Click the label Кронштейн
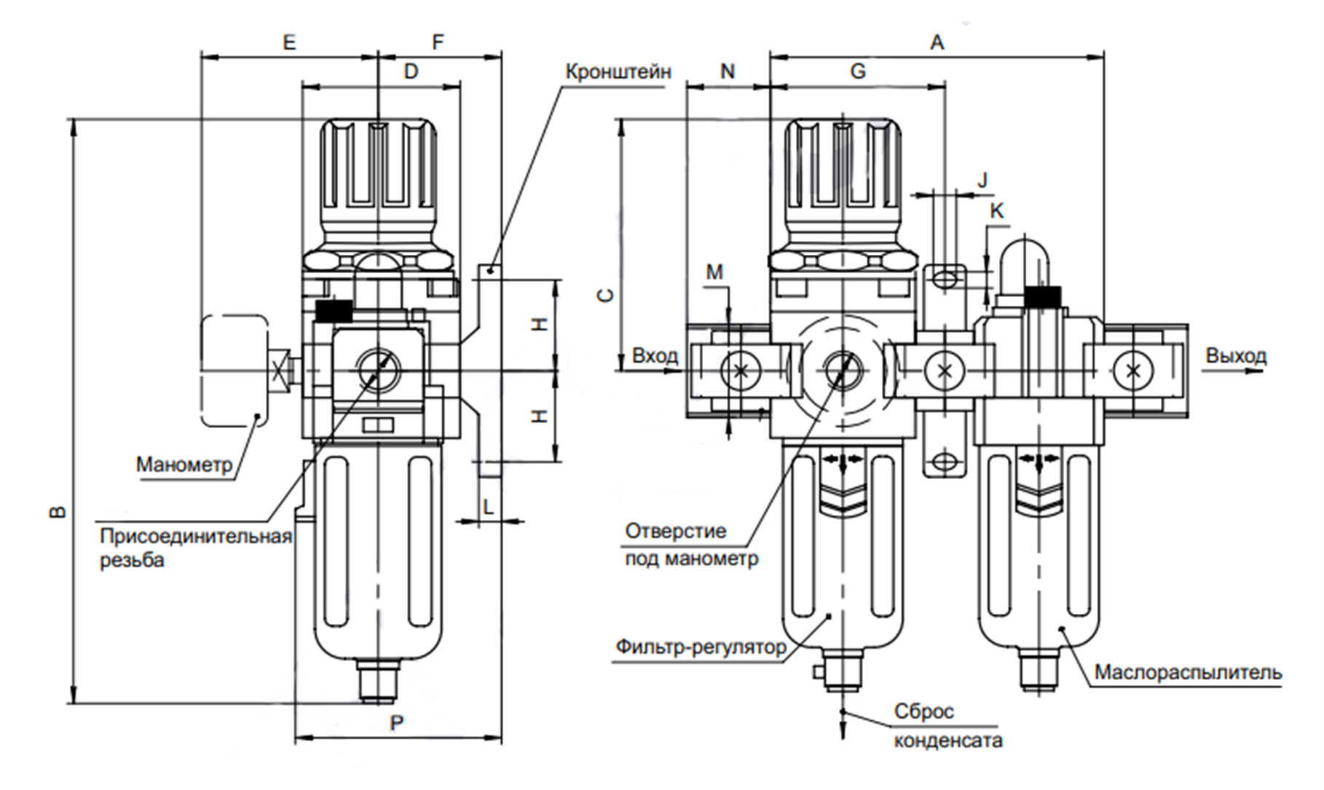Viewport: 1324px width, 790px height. coord(618,71)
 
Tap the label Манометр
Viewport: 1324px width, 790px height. coord(184,464)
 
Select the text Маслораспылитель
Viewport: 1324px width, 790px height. coord(1188,672)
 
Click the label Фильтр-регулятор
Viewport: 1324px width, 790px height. coord(701,647)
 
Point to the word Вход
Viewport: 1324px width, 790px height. coord(654,356)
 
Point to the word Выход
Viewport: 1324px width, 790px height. coord(1236,356)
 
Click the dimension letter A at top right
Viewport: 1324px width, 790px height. coord(937,42)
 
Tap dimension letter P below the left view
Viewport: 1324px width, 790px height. coord(397,723)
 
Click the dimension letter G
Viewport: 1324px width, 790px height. coord(858,71)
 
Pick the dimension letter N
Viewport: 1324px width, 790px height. coord(728,71)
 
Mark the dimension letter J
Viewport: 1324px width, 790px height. coord(982,179)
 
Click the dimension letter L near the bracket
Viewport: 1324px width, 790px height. coord(489,505)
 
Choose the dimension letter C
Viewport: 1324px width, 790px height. coord(605,295)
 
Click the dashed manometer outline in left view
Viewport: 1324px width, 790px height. coord(234,371)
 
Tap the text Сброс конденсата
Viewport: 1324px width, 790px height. coord(947,726)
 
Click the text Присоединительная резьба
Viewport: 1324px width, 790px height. coord(195,548)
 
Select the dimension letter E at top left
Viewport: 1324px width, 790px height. coord(289,42)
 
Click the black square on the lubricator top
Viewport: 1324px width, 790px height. coord(1042,296)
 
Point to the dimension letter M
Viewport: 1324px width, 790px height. coord(714,272)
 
